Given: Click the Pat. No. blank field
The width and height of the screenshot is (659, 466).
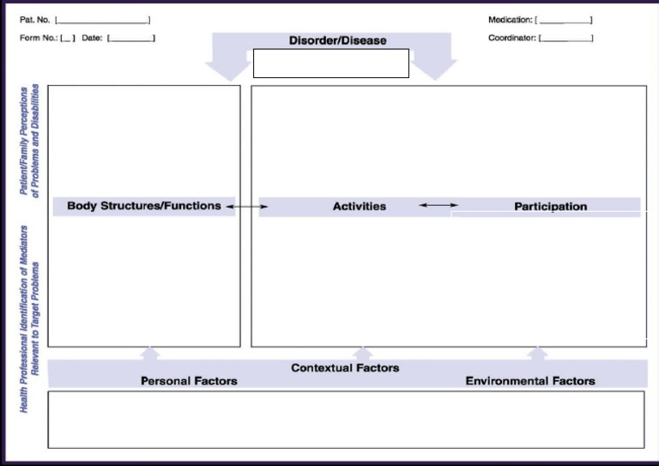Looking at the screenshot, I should (x=102, y=20).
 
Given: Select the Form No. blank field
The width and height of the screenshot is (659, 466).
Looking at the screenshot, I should (x=68, y=39).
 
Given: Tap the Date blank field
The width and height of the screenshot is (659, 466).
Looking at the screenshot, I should (x=131, y=39).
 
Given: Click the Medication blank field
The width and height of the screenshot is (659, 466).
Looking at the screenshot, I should (x=565, y=20).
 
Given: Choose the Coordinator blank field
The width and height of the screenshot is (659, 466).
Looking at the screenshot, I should (x=566, y=39).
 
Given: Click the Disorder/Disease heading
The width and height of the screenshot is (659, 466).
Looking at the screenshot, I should (x=337, y=40).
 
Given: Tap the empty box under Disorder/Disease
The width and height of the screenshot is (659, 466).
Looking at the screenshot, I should (x=331, y=64).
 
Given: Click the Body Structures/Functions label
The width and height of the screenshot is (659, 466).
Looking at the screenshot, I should (x=143, y=206).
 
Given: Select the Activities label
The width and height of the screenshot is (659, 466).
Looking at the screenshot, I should (x=360, y=207).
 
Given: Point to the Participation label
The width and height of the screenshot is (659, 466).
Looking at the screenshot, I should (x=550, y=207).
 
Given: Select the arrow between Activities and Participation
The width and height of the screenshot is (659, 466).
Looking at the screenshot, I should (x=438, y=205).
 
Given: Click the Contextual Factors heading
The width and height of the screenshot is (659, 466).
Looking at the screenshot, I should (x=345, y=368).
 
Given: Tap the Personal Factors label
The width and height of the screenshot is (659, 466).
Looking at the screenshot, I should (x=189, y=381).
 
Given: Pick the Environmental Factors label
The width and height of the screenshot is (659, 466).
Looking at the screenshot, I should (x=529, y=381).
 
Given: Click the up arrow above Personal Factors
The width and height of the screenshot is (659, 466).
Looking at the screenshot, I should (x=150, y=354).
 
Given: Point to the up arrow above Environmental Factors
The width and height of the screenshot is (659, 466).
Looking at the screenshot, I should (x=538, y=354).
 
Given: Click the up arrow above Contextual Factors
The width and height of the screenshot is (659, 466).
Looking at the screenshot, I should (x=363, y=354).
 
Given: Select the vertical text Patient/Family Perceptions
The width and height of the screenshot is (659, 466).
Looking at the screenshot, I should (x=30, y=141).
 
